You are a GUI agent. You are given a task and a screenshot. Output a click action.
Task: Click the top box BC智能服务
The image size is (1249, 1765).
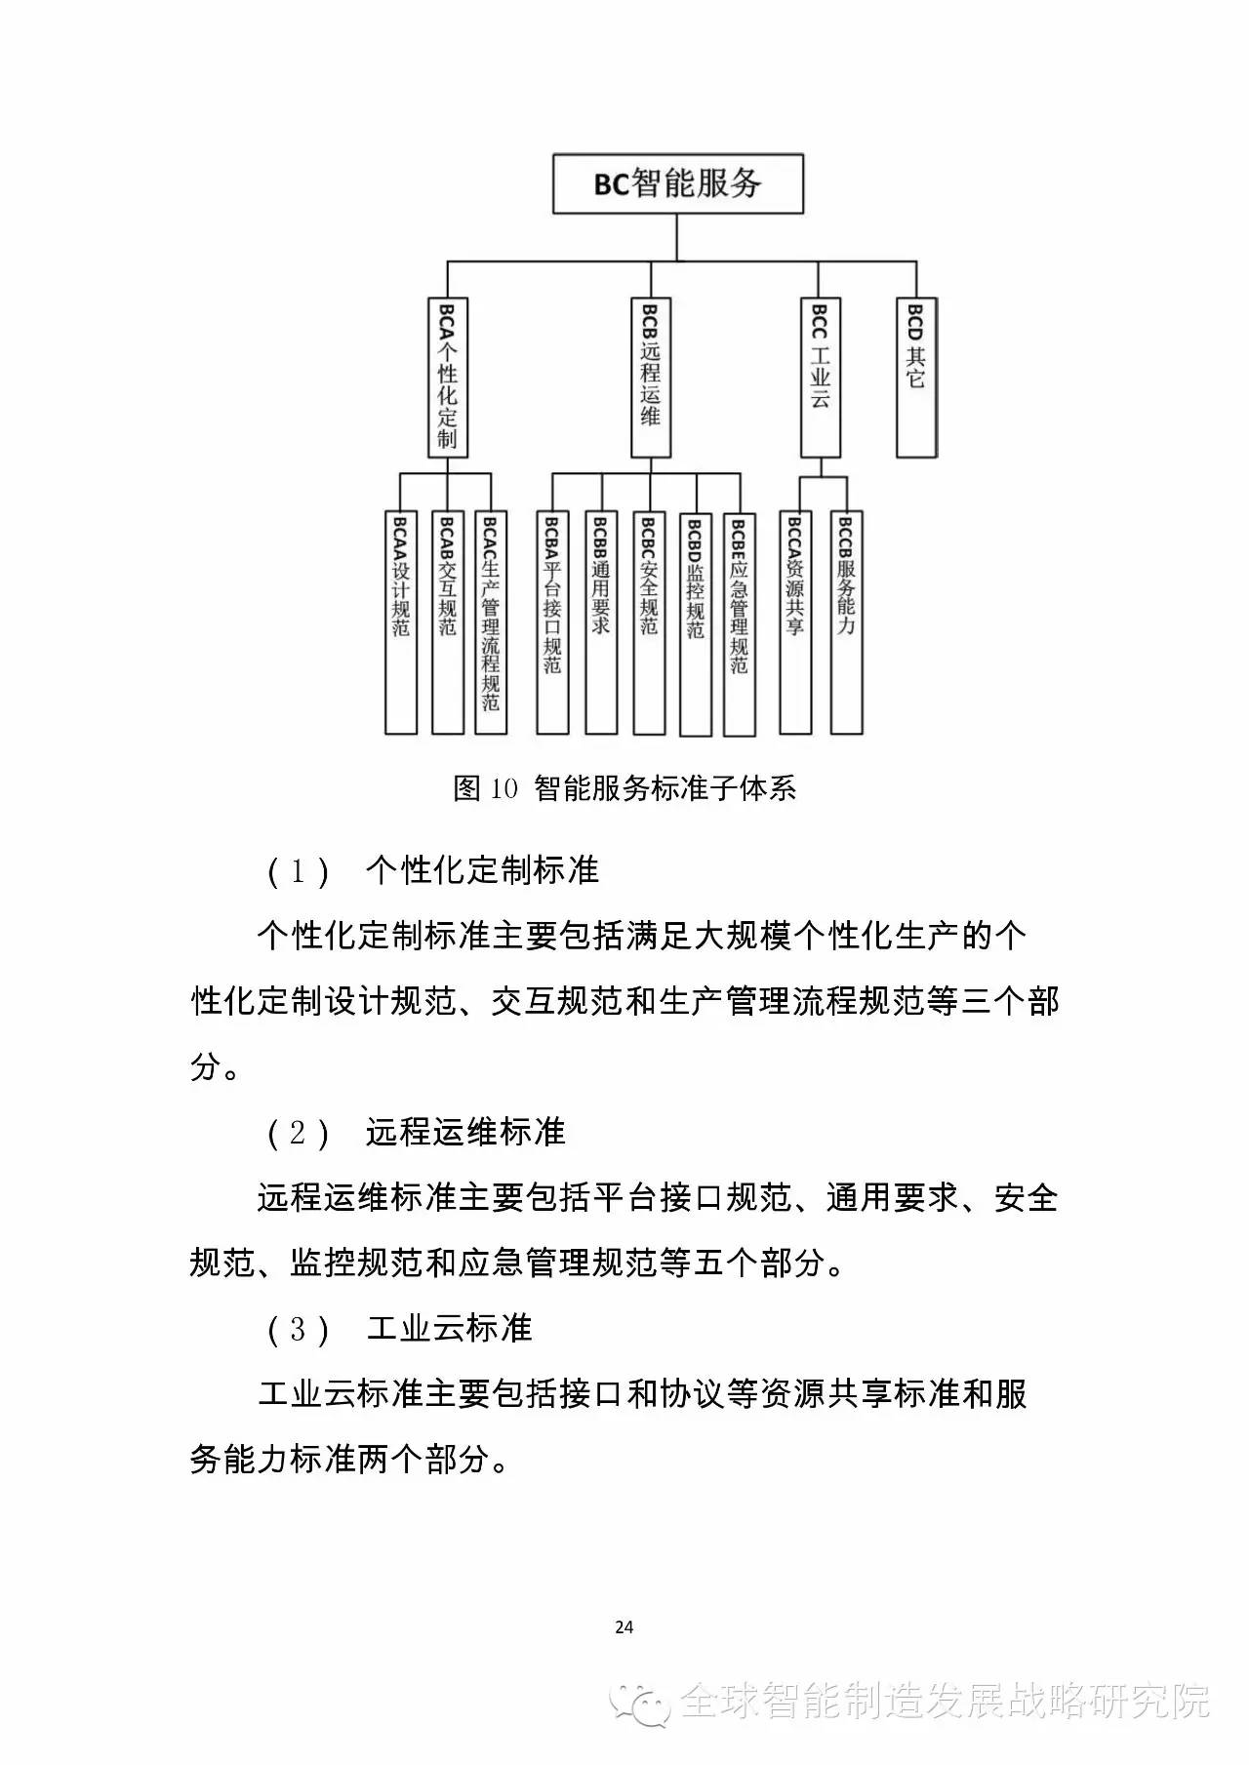click(x=677, y=183)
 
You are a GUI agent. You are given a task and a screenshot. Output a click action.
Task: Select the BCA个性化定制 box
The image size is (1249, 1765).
click(x=448, y=378)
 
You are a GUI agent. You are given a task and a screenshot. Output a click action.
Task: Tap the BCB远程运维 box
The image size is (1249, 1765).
click(x=651, y=378)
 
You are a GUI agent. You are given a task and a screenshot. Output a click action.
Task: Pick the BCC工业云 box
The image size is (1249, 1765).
click(x=821, y=378)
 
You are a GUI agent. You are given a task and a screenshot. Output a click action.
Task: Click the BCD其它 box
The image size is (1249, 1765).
click(x=916, y=378)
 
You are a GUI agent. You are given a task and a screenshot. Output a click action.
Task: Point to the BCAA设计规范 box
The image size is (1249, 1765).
click(x=401, y=622)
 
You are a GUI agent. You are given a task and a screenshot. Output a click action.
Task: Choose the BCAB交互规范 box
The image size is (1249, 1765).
click(x=448, y=622)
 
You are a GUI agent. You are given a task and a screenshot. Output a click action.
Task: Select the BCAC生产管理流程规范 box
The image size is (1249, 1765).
click(x=491, y=622)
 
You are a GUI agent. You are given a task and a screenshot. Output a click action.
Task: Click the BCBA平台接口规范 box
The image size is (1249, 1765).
click(x=552, y=622)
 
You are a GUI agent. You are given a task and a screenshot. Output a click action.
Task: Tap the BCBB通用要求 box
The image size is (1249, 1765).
click(x=601, y=622)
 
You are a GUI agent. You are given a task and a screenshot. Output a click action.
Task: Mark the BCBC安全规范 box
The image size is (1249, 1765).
click(x=649, y=622)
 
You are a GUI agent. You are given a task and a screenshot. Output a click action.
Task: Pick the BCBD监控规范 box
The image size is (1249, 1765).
click(x=695, y=623)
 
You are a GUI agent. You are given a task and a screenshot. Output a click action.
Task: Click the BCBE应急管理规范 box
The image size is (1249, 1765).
click(x=740, y=623)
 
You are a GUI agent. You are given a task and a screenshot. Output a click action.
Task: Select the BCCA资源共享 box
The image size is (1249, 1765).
click(x=795, y=622)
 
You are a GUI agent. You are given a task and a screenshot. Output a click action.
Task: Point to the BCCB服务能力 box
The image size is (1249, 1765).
click(x=846, y=622)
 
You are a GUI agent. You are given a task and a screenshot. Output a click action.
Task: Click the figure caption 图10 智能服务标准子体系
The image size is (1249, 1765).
click(x=624, y=788)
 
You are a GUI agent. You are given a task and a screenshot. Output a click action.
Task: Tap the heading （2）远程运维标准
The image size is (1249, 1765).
click(x=416, y=1133)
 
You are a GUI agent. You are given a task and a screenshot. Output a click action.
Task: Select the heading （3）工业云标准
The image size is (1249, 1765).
click(x=399, y=1329)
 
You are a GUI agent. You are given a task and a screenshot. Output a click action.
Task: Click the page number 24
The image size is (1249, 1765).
click(x=624, y=1627)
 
